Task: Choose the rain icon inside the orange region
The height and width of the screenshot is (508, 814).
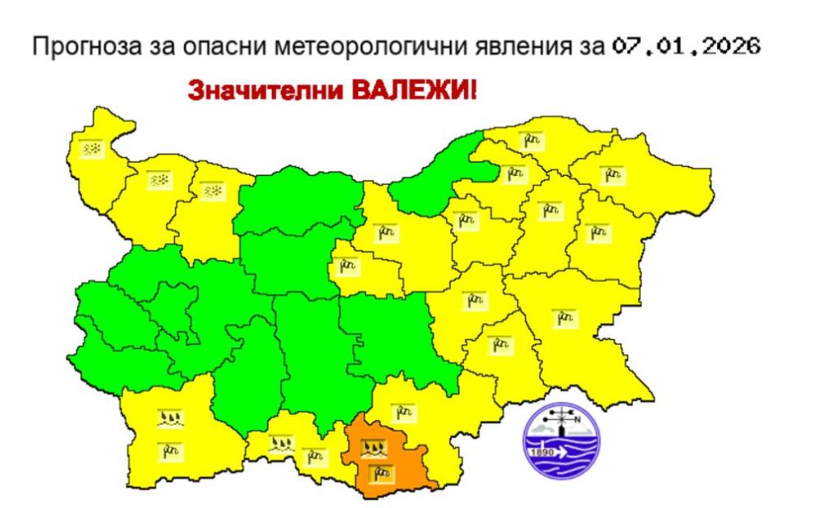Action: (379, 471)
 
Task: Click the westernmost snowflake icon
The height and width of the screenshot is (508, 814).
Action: (90, 149)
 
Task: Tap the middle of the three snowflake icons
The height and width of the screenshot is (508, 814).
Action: (159, 180)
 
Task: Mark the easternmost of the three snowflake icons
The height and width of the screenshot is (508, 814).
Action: (214, 192)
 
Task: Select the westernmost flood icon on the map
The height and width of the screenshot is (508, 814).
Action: (170, 420)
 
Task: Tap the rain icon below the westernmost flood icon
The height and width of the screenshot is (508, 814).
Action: (170, 450)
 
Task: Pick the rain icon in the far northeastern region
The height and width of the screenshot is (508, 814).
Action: (612, 173)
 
